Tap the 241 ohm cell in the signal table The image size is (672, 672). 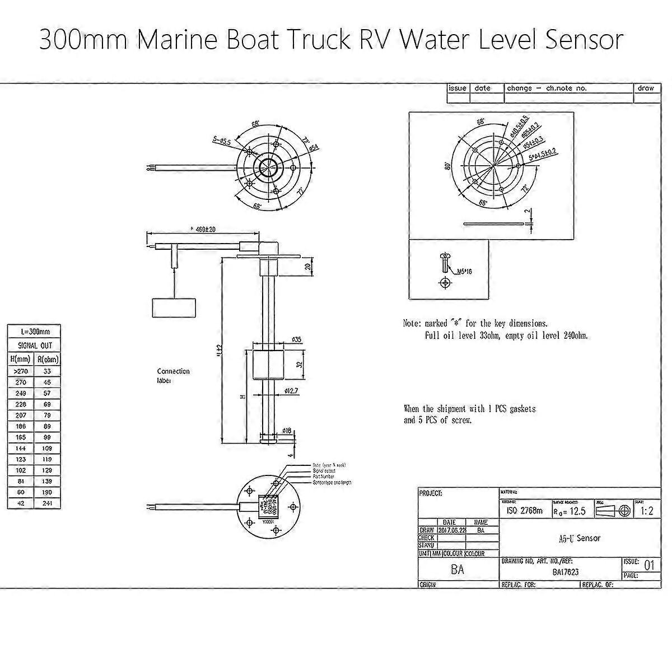(x=47, y=504)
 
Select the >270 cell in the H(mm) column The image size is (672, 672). (x=20, y=371)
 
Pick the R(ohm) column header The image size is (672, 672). (x=47, y=359)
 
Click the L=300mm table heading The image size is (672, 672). (x=34, y=332)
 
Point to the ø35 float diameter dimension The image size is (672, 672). (x=297, y=339)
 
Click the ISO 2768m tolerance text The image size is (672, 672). (x=524, y=511)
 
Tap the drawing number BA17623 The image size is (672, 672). (x=566, y=572)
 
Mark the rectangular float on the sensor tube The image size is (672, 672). (x=267, y=365)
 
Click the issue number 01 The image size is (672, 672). (x=648, y=566)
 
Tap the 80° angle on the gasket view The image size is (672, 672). (x=447, y=166)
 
